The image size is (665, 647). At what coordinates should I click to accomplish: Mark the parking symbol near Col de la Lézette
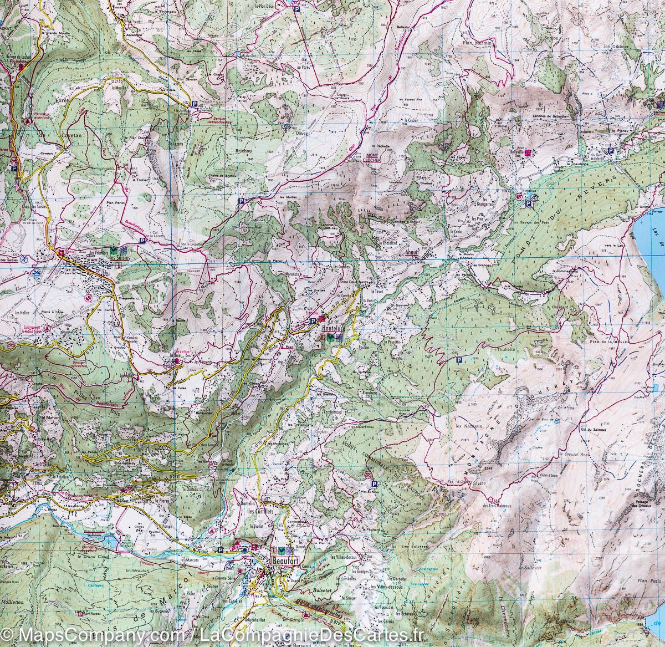(x=142, y=241)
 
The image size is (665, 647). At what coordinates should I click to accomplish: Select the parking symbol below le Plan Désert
(x=297, y=9)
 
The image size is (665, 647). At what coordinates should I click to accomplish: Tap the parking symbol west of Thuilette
(x=459, y=360)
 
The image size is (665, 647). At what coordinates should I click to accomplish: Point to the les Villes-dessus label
(x=344, y=556)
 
